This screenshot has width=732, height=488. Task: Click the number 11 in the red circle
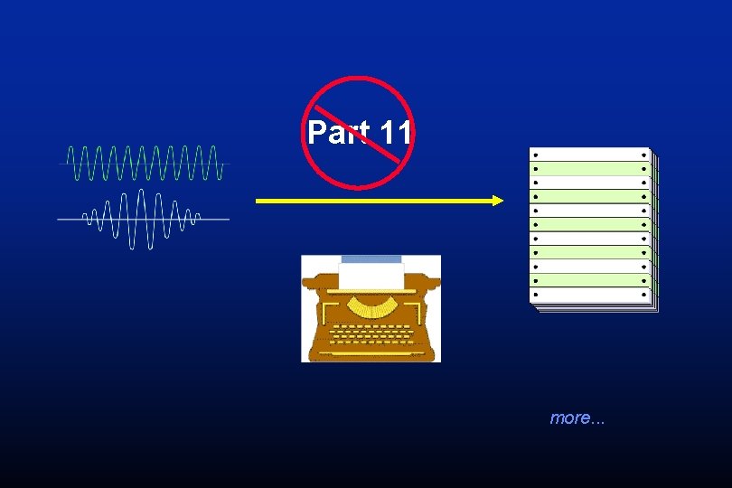point(395,132)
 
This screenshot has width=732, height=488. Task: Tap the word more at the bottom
point(570,418)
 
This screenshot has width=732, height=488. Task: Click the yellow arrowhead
point(497,201)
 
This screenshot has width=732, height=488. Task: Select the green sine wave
point(145,163)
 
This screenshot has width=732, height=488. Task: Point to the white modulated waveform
point(144,219)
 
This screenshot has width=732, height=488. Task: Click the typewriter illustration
point(371,309)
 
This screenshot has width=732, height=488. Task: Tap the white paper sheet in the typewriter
point(371,277)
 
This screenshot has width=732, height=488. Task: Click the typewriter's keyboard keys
point(371,334)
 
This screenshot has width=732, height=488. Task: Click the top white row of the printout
point(589,155)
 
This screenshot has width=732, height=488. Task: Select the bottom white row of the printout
point(589,296)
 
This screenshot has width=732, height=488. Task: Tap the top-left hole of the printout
point(536,155)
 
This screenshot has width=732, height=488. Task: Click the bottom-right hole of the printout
point(643,295)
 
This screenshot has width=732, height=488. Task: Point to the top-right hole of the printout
point(643,155)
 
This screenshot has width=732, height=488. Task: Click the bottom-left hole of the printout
point(536,295)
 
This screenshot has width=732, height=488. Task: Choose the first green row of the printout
point(589,169)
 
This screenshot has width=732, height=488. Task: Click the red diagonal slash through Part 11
point(358,134)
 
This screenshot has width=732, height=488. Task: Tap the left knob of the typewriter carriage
point(311,282)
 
